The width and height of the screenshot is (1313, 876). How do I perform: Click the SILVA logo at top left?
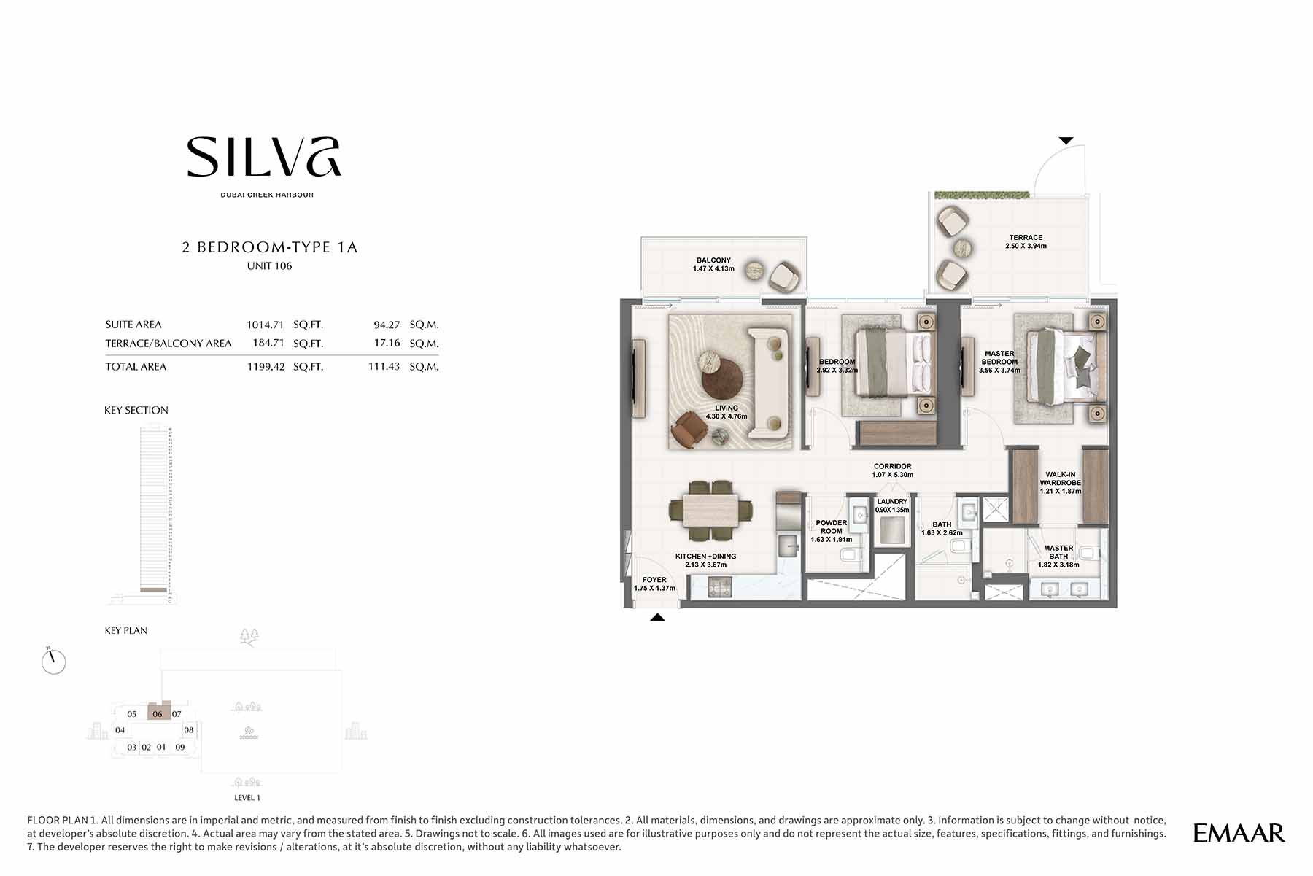pyautogui.click(x=264, y=158)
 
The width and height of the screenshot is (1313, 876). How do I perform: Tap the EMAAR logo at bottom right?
pyautogui.click(x=1239, y=833)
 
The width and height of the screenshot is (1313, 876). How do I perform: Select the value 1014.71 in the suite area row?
pyautogui.click(x=265, y=325)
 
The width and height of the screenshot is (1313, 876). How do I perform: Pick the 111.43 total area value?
pyautogui.click(x=384, y=366)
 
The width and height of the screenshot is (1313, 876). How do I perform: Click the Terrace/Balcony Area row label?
pyautogui.click(x=168, y=344)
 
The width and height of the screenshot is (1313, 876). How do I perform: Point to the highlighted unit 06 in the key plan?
pyautogui.click(x=158, y=713)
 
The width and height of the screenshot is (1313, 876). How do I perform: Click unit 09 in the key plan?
pyautogui.click(x=180, y=747)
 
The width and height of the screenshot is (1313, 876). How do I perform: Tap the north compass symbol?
pyautogui.click(x=53, y=661)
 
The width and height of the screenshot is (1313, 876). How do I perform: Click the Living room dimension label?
pyautogui.click(x=727, y=413)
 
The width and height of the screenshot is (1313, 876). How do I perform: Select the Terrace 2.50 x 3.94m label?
pyautogui.click(x=1026, y=241)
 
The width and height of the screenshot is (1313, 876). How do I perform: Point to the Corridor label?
pyautogui.click(x=892, y=470)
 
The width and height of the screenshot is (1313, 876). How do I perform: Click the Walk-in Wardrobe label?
pyautogui.click(x=1060, y=483)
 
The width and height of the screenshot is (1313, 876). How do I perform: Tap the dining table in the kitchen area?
pyautogui.click(x=710, y=509)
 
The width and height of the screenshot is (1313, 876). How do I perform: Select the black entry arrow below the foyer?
pyautogui.click(x=657, y=617)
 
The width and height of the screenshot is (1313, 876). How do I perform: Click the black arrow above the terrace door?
pyautogui.click(x=1066, y=140)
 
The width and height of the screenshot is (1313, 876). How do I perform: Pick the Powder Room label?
pyautogui.click(x=831, y=531)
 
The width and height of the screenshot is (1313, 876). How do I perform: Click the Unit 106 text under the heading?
pyautogui.click(x=269, y=266)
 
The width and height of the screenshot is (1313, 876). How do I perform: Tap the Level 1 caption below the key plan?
pyautogui.click(x=247, y=797)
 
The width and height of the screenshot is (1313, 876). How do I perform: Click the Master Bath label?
pyautogui.click(x=1058, y=556)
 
